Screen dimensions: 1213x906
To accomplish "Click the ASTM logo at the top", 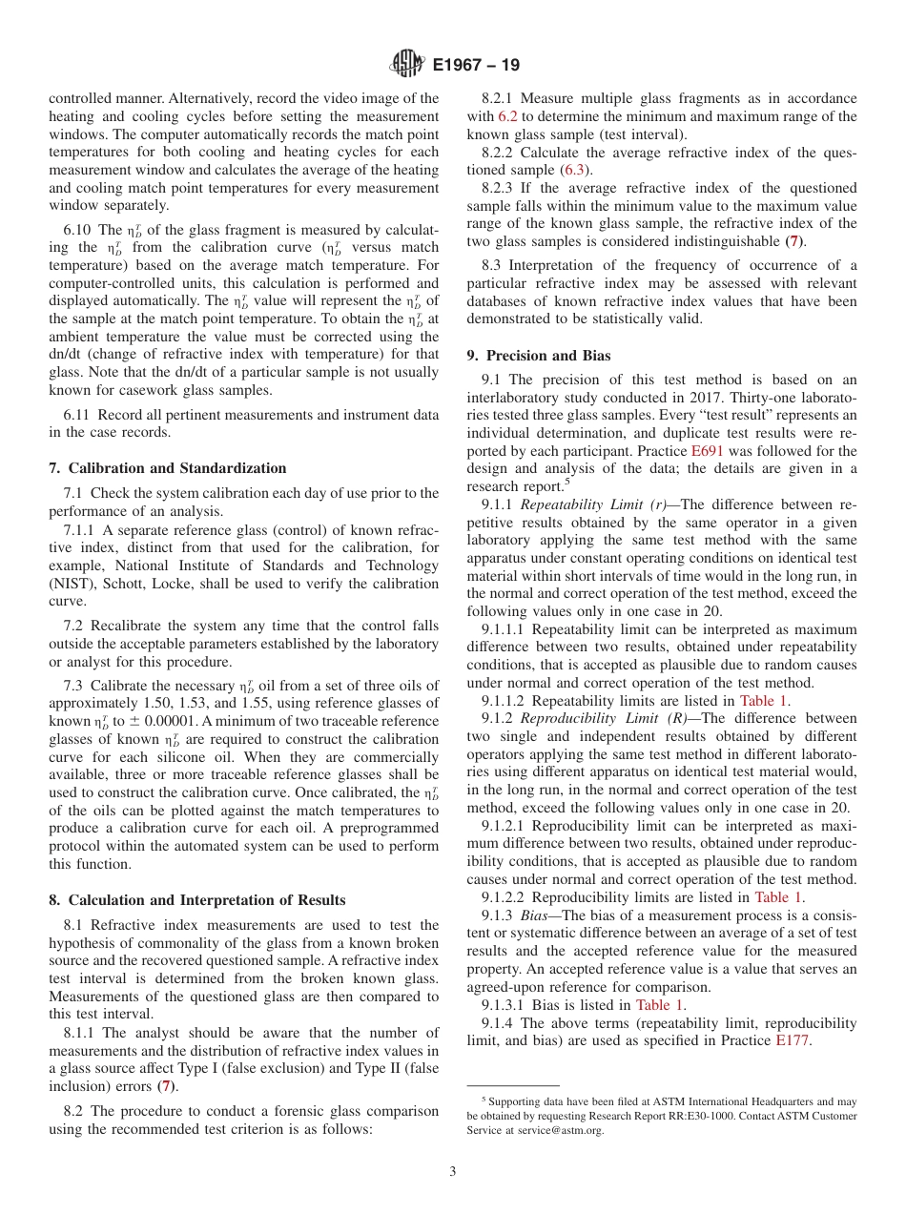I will [407, 65].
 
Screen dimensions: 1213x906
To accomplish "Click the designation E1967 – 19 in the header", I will [476, 66].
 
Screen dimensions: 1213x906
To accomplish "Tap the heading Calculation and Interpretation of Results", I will [197, 900].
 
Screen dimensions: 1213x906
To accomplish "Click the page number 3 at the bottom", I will [452, 1171].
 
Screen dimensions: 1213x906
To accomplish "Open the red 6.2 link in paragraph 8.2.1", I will [507, 116].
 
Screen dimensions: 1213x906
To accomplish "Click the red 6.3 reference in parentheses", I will [574, 171].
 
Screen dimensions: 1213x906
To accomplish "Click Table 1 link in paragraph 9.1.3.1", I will [653, 1005].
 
